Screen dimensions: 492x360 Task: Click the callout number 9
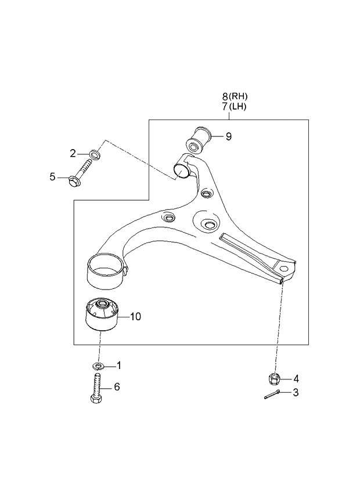(229, 137)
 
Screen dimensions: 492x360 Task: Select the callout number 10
(135, 317)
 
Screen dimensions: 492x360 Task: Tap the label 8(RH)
(238, 96)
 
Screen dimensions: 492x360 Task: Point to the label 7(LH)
(238, 107)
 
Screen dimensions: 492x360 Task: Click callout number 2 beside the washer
(73, 153)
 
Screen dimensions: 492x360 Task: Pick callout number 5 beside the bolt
(52, 177)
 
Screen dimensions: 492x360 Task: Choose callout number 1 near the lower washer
(119, 366)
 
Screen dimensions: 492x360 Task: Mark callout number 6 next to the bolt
(117, 387)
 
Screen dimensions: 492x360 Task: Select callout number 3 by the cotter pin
(296, 393)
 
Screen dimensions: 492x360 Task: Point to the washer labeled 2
(95, 155)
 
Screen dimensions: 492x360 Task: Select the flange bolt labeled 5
(80, 176)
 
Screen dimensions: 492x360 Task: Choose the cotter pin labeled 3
(272, 396)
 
